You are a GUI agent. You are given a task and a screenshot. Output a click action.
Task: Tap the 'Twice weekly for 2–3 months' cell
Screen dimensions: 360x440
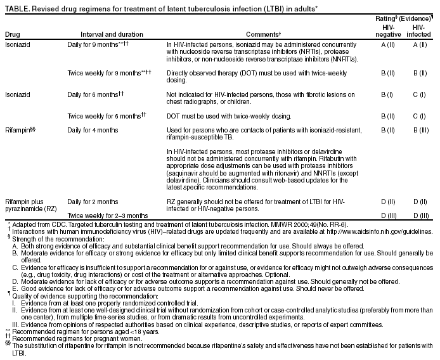[107, 216]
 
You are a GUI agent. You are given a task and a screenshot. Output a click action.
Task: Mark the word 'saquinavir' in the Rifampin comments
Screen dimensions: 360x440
[184, 172]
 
